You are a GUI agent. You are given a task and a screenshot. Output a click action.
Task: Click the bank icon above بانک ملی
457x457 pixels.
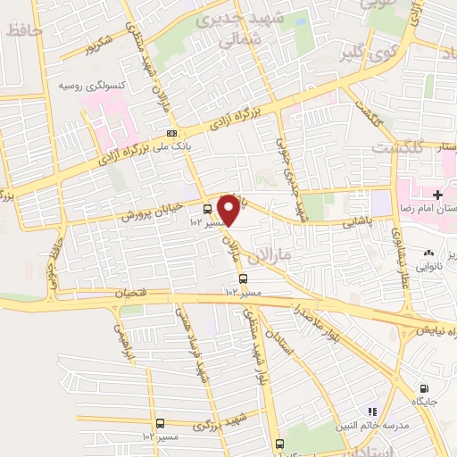171,133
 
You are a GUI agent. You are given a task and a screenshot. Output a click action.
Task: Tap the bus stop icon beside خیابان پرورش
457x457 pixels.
207,209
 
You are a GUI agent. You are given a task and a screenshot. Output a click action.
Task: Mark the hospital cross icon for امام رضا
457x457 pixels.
437,195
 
